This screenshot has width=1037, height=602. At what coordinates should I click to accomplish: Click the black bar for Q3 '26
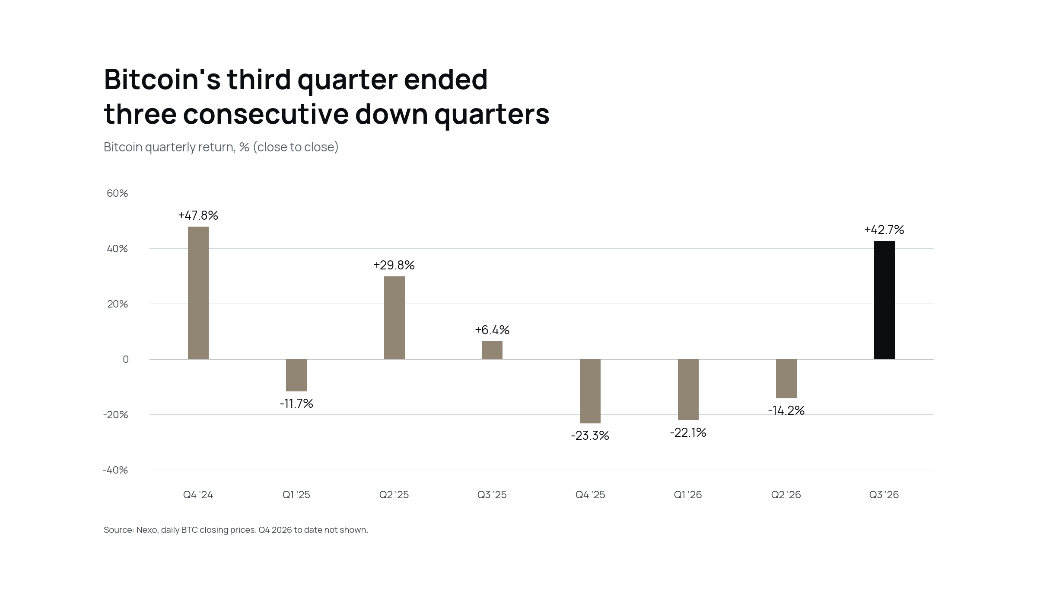(884, 300)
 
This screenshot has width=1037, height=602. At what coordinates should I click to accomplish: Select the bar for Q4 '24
(198, 293)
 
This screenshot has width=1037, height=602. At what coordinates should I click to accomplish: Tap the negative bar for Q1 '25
(296, 375)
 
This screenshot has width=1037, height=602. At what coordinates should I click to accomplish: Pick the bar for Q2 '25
(394, 317)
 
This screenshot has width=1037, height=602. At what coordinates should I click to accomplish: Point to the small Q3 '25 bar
(492, 350)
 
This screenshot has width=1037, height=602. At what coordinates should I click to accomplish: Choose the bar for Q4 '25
(590, 391)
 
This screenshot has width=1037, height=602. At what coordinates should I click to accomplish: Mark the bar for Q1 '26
(688, 389)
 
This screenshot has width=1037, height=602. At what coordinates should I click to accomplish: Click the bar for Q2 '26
(786, 378)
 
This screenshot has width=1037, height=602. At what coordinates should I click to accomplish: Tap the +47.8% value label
(198, 215)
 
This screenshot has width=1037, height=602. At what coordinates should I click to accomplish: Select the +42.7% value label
(884, 230)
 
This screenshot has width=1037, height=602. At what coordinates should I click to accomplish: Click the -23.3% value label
(590, 435)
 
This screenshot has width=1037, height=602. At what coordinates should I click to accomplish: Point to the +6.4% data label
(492, 330)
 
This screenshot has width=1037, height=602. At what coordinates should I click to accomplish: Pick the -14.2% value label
(786, 410)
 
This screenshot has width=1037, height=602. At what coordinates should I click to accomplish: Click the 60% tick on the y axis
(118, 193)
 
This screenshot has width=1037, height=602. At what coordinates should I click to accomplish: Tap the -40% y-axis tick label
(115, 470)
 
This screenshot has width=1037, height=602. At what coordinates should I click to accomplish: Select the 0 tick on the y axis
(126, 359)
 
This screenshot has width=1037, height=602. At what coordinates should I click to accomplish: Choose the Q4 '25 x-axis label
(590, 495)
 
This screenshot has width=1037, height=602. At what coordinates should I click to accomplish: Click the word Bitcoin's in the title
(162, 80)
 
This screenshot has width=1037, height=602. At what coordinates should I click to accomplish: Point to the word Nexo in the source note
(147, 530)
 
